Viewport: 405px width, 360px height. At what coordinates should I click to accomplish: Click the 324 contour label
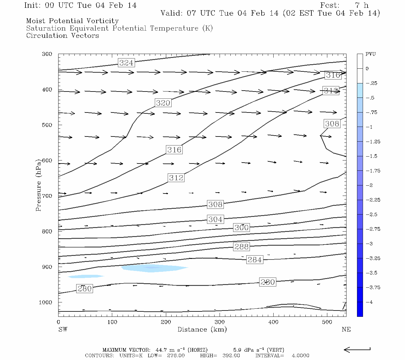tap(126, 63)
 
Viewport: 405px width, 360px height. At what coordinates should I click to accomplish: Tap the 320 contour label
tap(163, 103)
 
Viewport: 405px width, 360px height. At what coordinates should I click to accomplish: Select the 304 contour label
tap(215, 219)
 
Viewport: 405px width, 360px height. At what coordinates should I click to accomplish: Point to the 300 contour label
tap(241, 227)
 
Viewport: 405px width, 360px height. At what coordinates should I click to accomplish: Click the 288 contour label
tap(241, 247)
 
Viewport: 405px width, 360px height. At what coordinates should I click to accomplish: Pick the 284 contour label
tap(255, 259)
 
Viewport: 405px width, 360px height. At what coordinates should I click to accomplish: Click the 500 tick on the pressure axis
tap(47, 125)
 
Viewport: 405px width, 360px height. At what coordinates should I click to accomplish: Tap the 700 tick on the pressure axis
tap(47, 196)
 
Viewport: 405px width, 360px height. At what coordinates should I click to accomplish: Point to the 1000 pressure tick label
tap(46, 302)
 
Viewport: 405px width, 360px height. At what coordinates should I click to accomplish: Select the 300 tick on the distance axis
tap(220, 322)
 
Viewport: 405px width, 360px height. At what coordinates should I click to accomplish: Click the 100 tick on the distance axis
tap(112, 322)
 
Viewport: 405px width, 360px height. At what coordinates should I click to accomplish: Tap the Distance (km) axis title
tap(202, 329)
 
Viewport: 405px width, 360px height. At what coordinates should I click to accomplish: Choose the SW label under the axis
tap(63, 329)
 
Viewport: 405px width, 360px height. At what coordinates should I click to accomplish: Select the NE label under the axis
tap(346, 329)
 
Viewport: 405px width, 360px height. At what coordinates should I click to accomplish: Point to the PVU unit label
tap(370, 54)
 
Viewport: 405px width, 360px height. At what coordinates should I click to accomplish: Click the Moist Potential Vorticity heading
tap(72, 21)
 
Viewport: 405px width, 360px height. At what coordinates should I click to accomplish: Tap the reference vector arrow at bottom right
tap(357, 349)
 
